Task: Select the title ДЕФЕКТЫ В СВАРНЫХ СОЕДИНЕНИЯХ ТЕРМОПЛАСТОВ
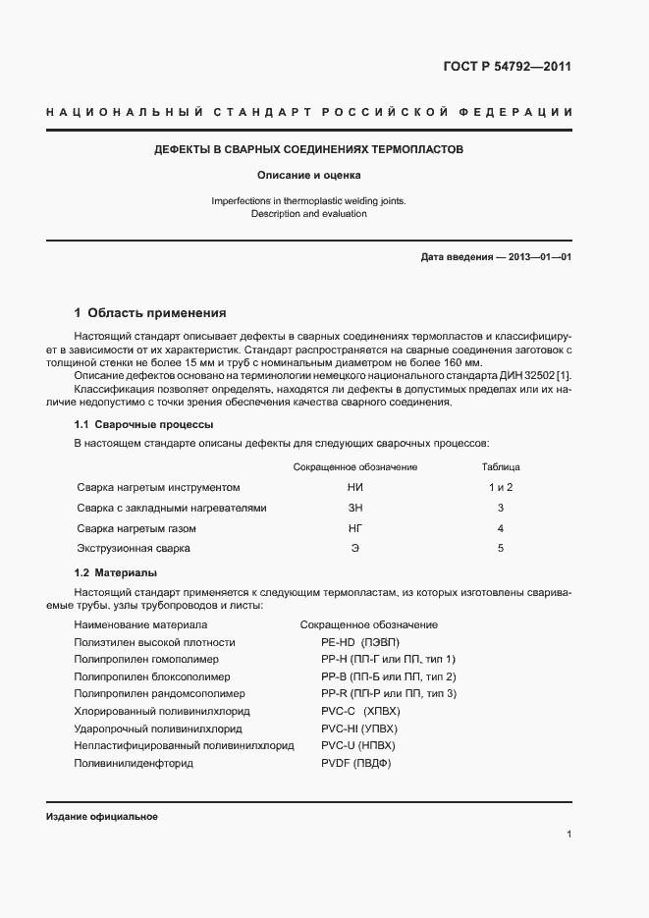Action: pyautogui.click(x=308, y=150)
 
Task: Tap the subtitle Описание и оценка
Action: pyautogui.click(x=308, y=176)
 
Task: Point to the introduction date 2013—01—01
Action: pyautogui.click(x=538, y=257)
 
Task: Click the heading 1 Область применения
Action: pyautogui.click(x=150, y=314)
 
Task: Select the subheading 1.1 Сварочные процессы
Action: pyautogui.click(x=144, y=424)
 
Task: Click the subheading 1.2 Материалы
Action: pyautogui.click(x=116, y=572)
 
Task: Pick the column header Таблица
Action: pyautogui.click(x=501, y=466)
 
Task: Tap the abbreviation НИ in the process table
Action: pyautogui.click(x=354, y=487)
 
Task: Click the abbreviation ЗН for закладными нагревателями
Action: pyautogui.click(x=354, y=508)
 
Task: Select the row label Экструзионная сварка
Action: pyautogui.click(x=134, y=548)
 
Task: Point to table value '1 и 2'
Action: pyautogui.click(x=501, y=487)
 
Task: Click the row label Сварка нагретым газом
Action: pyautogui.click(x=135, y=528)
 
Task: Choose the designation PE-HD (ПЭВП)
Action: pyautogui.click(x=360, y=642)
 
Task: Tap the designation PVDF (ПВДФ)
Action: pyautogui.click(x=356, y=763)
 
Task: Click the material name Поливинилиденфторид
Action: pyautogui.click(x=134, y=763)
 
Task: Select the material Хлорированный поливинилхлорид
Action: pyautogui.click(x=162, y=711)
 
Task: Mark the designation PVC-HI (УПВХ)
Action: pyautogui.click(x=359, y=729)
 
